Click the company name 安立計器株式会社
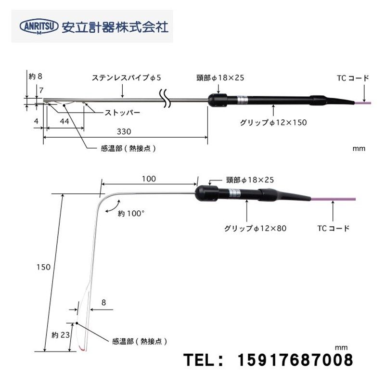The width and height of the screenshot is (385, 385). [x=115, y=26]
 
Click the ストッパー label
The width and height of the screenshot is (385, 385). [x=123, y=112]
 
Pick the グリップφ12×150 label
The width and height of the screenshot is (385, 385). [x=273, y=122]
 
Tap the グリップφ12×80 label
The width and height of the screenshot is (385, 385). [x=255, y=228]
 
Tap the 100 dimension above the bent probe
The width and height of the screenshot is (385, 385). [x=149, y=179]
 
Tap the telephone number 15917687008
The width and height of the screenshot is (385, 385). [x=295, y=359]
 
